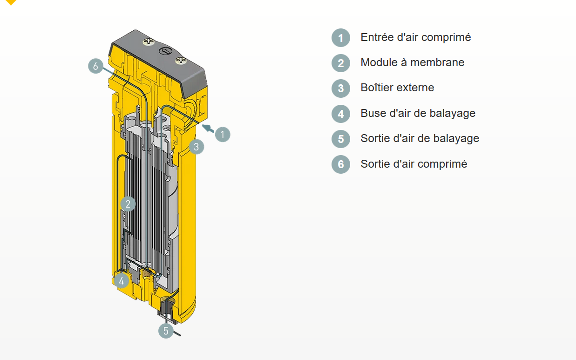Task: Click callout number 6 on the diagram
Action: point(95,66)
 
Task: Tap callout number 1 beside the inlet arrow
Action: point(223,134)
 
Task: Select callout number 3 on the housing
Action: point(197,147)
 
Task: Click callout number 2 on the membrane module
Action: point(128,204)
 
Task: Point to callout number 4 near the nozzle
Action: point(122,281)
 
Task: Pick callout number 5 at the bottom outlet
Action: point(166,331)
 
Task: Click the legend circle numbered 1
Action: point(341,38)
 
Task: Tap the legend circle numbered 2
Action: point(341,63)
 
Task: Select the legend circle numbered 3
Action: point(341,88)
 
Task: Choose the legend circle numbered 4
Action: point(341,114)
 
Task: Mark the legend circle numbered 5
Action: point(341,139)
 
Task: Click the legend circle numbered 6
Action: point(341,164)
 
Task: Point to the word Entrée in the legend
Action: point(377,37)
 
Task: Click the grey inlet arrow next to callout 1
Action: point(208,129)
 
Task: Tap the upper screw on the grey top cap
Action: point(149,41)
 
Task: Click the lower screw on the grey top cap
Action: point(181,61)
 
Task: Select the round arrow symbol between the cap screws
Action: point(165,51)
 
